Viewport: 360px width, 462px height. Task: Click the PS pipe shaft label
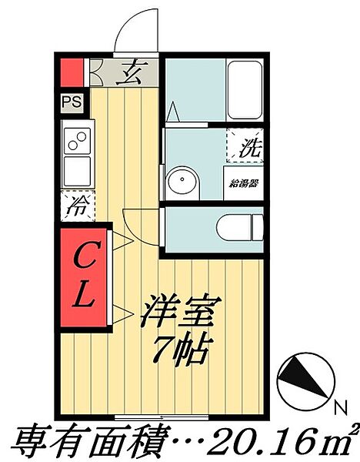[x=71, y=101]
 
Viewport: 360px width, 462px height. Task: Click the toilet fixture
[x=239, y=227]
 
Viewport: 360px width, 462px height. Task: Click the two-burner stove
[x=78, y=141]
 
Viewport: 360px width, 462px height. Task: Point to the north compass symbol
[x=303, y=380]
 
